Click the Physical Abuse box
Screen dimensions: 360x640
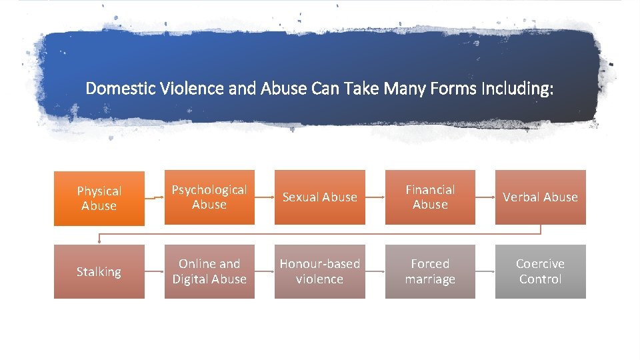(x=99, y=198)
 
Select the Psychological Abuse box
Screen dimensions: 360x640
(x=209, y=197)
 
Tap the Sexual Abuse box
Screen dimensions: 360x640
(x=320, y=197)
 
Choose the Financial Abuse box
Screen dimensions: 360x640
(x=430, y=197)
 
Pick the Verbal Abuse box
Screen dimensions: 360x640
(x=540, y=197)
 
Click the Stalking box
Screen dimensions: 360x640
(x=99, y=271)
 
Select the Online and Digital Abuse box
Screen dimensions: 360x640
(x=209, y=271)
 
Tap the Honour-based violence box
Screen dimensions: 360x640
(x=320, y=271)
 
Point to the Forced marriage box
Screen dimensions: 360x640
(x=430, y=271)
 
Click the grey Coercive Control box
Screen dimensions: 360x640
(x=540, y=271)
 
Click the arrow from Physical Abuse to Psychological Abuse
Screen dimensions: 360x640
(x=154, y=198)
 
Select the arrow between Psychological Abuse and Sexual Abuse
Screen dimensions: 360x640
(x=265, y=197)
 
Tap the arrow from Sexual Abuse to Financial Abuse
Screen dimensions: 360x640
(x=375, y=197)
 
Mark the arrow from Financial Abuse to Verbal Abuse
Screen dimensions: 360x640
(x=485, y=197)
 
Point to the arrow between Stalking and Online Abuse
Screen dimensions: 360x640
(x=154, y=271)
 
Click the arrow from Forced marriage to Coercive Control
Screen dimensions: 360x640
(x=485, y=271)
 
